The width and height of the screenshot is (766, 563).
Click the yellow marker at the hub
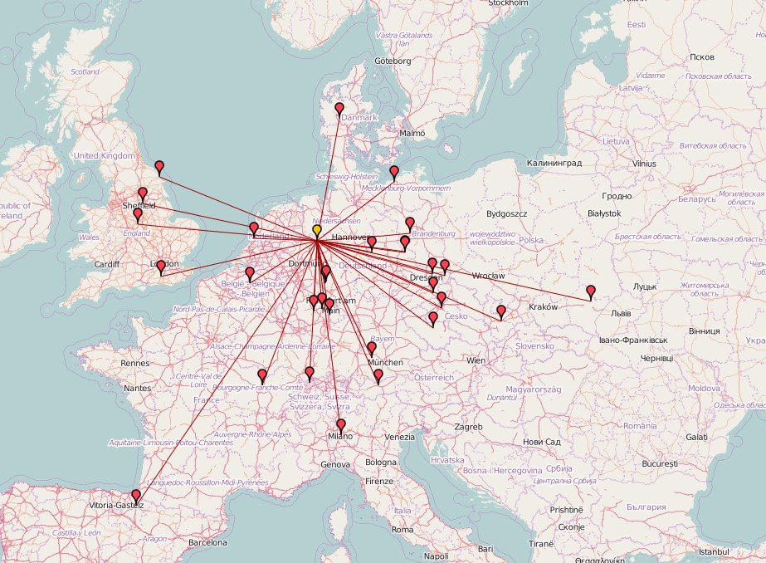coord(317,230)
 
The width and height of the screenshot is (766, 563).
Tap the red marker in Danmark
coord(339,108)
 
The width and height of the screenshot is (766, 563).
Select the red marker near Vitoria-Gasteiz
coord(136,496)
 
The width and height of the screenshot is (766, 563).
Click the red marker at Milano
coord(340,425)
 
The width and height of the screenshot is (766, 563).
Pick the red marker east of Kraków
coord(591,291)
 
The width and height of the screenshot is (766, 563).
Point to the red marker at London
coord(161,266)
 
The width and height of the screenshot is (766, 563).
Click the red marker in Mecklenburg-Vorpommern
coord(394,172)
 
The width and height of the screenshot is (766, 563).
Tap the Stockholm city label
coord(509,3)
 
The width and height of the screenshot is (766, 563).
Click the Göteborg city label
coord(393,61)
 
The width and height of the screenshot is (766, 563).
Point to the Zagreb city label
coord(468,427)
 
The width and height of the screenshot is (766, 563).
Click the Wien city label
coord(476,360)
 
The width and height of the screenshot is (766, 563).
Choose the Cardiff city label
coord(107,265)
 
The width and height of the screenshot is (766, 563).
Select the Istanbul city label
coord(714,551)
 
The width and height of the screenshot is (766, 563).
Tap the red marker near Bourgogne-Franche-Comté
coord(262,376)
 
